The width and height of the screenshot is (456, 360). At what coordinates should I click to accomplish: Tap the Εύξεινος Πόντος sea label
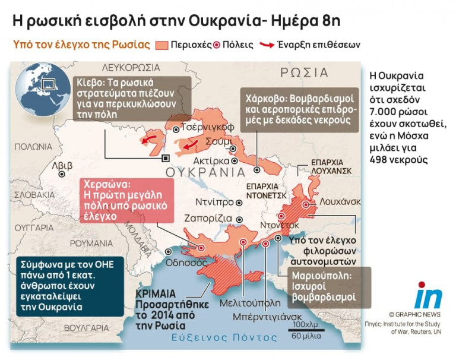tap(223, 337)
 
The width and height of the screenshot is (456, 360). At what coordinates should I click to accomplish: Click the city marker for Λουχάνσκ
tap(306, 204)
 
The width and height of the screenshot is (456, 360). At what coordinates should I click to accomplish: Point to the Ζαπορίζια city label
tap(208, 217)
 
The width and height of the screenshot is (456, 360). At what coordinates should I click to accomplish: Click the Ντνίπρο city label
tap(215, 202)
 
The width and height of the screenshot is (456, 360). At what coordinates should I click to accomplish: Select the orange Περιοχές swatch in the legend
tap(161, 45)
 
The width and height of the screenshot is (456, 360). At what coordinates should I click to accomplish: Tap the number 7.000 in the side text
tap(384, 112)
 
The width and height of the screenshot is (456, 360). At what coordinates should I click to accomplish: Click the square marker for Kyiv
tap(166, 157)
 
